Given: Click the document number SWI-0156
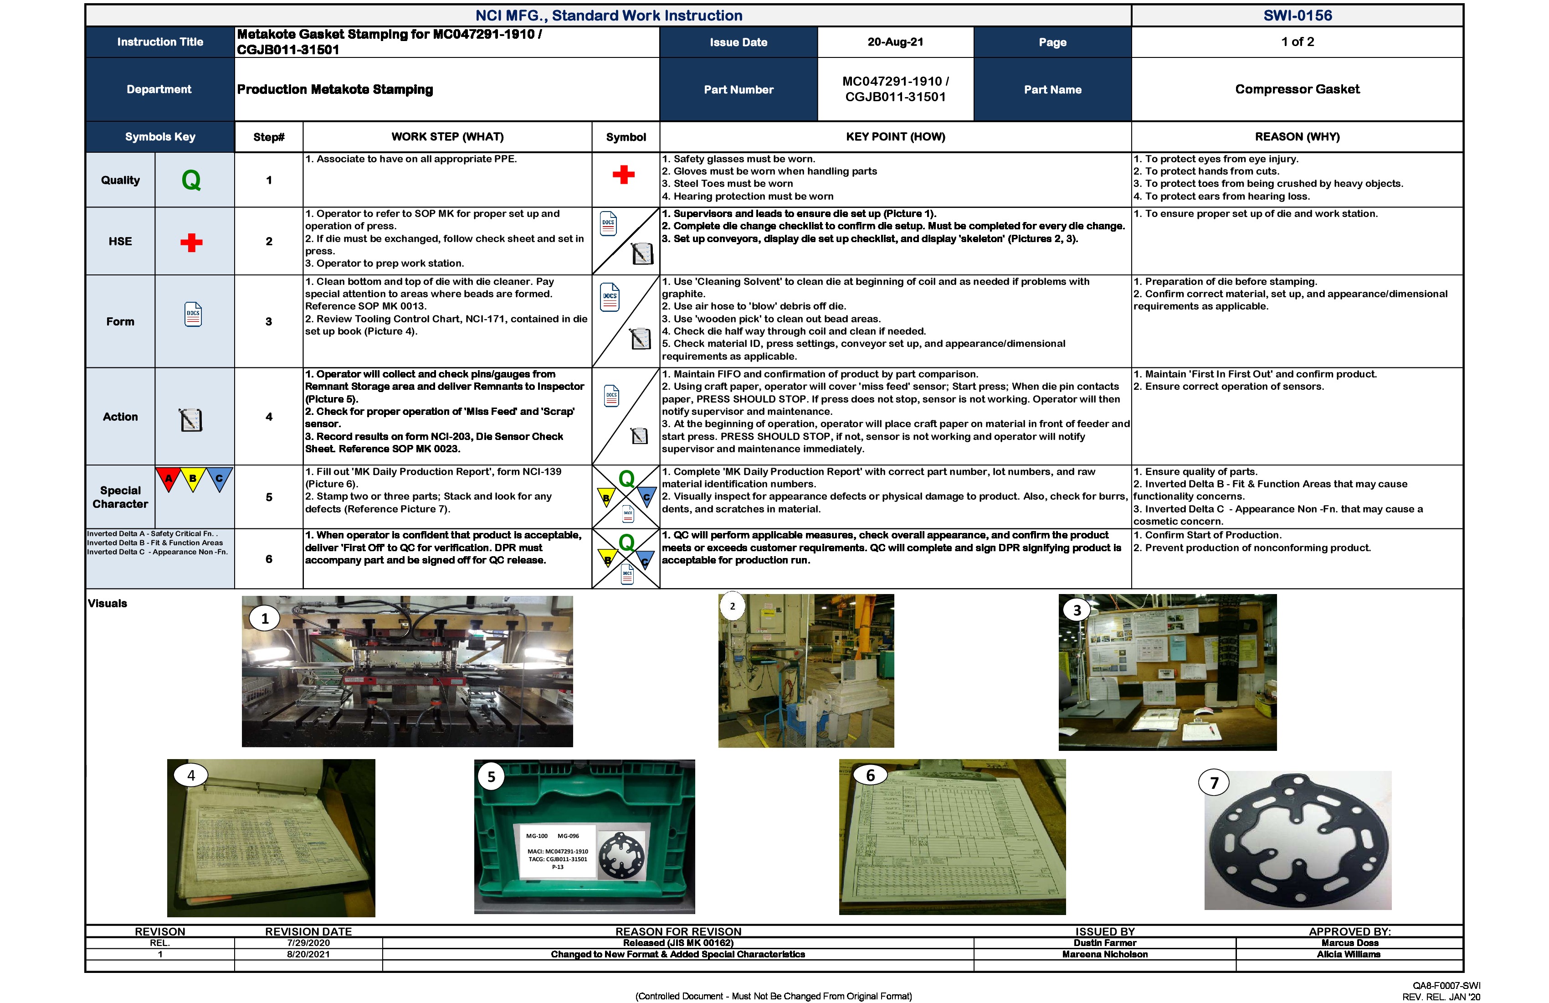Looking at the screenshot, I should pos(1297,16).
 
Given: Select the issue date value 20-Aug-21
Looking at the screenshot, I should pos(895,41).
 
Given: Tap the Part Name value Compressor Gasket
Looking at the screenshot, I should pos(1297,89).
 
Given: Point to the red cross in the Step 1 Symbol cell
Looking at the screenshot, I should pos(624,175).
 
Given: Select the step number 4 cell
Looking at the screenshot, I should pos(269,417).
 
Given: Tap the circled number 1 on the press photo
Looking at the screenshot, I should pos(265,619).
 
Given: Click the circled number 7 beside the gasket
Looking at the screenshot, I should pos(1214,783).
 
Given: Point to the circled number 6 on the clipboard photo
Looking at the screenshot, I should pos(870,775).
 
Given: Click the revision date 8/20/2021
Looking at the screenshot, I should pos(308,954).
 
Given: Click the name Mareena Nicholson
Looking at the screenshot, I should pos(1104,954).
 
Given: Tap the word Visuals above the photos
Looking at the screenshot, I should pos(108,603).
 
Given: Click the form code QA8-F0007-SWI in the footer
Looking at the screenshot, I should pos(1446,985).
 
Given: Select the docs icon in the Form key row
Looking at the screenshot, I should pos(193,315).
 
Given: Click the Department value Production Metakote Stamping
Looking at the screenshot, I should pos(334,89).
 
